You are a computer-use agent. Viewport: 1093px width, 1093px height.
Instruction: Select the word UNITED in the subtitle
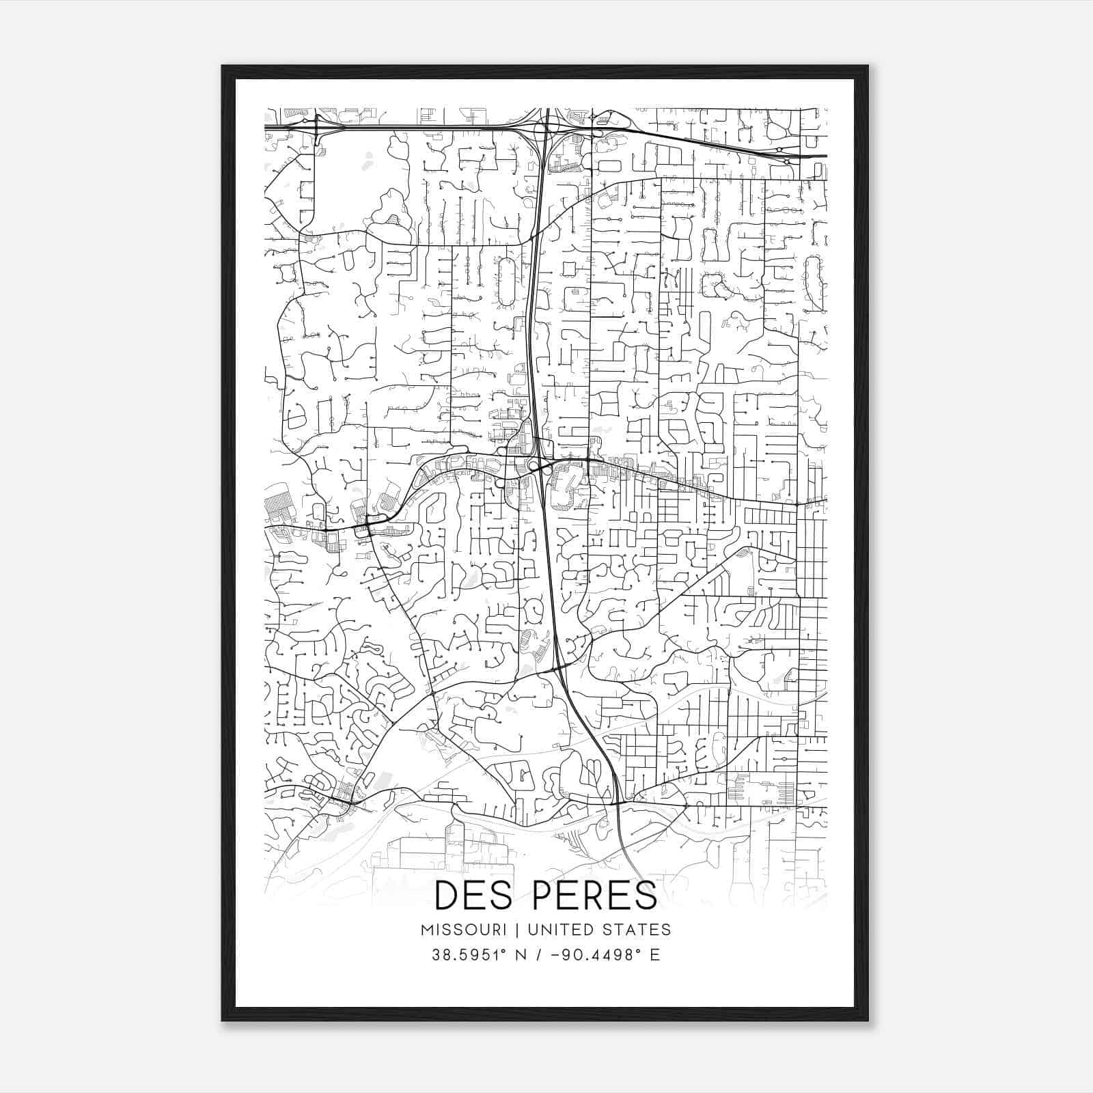[551, 930]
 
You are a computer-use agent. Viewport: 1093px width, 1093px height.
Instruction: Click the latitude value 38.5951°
[467, 954]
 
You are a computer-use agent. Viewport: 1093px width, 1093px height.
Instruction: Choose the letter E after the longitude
[655, 954]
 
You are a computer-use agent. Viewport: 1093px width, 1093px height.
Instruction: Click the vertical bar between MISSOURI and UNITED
[515, 930]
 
